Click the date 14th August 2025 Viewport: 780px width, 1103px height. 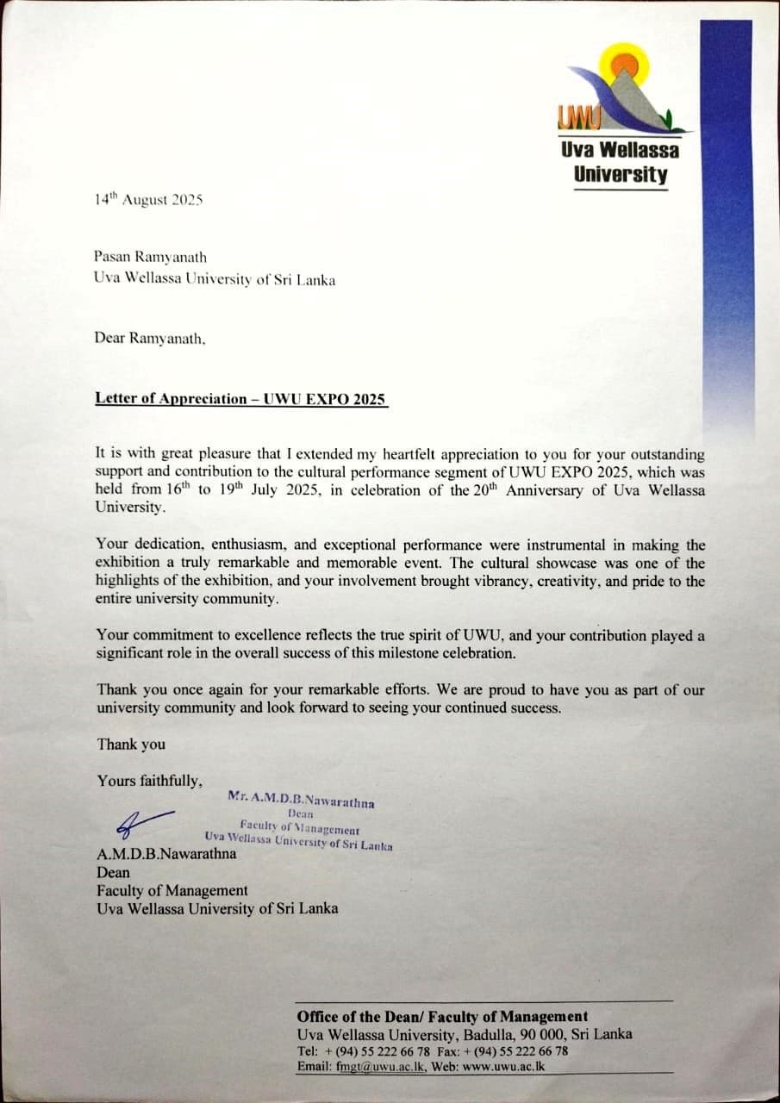point(148,200)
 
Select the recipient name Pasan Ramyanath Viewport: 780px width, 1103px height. point(151,257)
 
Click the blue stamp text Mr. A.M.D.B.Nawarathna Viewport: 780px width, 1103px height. point(301,800)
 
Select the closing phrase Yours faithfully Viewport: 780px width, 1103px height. point(150,781)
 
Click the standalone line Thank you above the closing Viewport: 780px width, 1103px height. point(131,744)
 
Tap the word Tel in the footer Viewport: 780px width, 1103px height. point(307,1051)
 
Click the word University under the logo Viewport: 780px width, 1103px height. point(620,174)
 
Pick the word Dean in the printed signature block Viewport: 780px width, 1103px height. point(113,872)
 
